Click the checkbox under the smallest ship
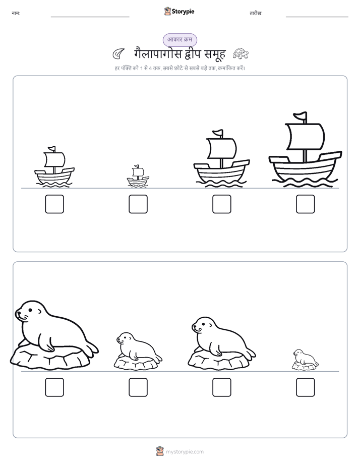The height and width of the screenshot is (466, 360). tap(138, 204)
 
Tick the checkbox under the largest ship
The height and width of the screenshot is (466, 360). tap(306, 204)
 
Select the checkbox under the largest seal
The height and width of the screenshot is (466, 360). tap(54, 387)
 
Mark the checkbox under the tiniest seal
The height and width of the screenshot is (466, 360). tap(306, 387)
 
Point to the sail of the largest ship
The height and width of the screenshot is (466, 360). tap(305, 137)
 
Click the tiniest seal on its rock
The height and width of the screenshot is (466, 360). tap(305, 360)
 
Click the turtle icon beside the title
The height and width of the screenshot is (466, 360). tap(241, 53)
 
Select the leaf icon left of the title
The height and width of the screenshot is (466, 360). tap(118, 54)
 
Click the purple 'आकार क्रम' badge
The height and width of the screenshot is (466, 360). tap(179, 40)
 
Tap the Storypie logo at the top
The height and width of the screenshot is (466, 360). tap(179, 11)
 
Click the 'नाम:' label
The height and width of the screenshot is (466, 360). tap(16, 14)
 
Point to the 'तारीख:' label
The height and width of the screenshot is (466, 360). tap(256, 14)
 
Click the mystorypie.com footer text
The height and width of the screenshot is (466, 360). tap(185, 452)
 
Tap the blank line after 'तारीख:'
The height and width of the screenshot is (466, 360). tap(317, 17)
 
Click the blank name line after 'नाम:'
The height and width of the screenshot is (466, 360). tap(90, 17)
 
